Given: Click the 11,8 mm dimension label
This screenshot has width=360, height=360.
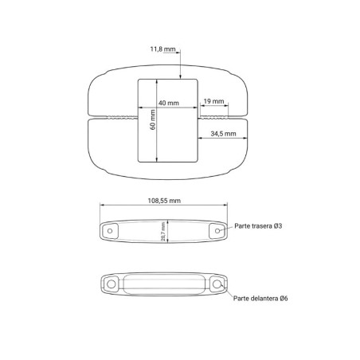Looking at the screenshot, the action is [162, 49].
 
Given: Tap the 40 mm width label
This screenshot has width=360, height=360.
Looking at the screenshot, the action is [169, 103].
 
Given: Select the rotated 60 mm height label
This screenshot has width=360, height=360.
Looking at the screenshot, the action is [153, 119].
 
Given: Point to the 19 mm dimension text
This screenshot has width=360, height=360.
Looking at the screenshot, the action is [213, 101].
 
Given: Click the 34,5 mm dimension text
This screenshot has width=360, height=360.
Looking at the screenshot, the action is [223, 134].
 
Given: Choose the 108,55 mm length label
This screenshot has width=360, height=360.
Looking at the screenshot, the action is [164, 201].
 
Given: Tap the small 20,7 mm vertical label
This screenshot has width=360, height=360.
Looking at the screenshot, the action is [163, 232].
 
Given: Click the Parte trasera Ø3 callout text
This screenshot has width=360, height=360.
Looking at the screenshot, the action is [258, 226].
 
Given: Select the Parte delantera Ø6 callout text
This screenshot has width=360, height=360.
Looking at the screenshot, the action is [260, 298].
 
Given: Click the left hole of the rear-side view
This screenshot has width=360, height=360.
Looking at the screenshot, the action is [110, 231].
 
